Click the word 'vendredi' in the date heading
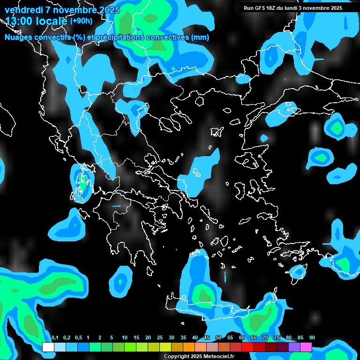[23, 9]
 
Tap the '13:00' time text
[20, 21]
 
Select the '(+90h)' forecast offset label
[81, 21]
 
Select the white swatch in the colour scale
[48, 347]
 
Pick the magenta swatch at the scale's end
[306, 347]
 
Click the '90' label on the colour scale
[312, 337]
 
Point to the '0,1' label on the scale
[54, 337]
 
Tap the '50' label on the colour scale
[218, 337]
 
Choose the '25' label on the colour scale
[160, 337]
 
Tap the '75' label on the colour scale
[277, 337]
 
